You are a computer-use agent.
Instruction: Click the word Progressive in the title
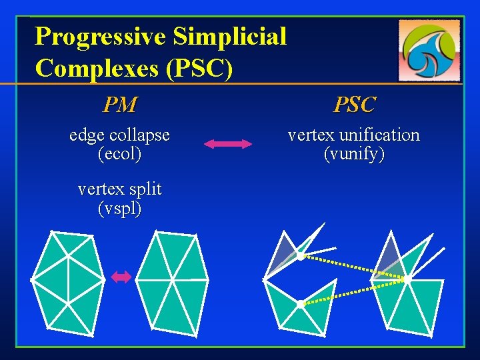(101, 36)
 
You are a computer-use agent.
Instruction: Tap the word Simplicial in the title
(229, 36)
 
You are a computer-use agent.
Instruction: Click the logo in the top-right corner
(429, 49)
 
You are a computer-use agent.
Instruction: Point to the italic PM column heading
(119, 105)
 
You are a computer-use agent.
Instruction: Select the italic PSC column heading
(354, 105)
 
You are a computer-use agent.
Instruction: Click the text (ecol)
(119, 155)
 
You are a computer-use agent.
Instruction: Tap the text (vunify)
(354, 155)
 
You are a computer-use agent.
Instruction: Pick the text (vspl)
(119, 208)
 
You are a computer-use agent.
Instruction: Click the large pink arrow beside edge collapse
(227, 143)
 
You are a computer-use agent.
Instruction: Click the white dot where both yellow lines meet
(407, 279)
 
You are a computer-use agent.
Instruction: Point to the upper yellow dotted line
(353, 267)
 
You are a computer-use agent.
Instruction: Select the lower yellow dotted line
(353, 292)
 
